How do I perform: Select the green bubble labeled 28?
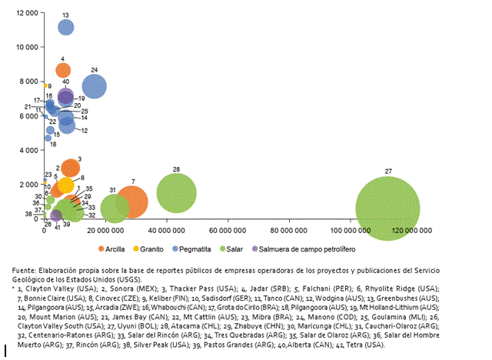[177, 193]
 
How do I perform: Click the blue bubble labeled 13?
[65, 28]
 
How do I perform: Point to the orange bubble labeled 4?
[63, 71]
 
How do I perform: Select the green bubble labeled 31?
[114, 208]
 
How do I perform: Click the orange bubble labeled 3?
[70, 168]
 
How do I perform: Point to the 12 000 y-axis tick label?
[23, 13]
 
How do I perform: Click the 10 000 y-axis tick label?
[23, 47]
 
